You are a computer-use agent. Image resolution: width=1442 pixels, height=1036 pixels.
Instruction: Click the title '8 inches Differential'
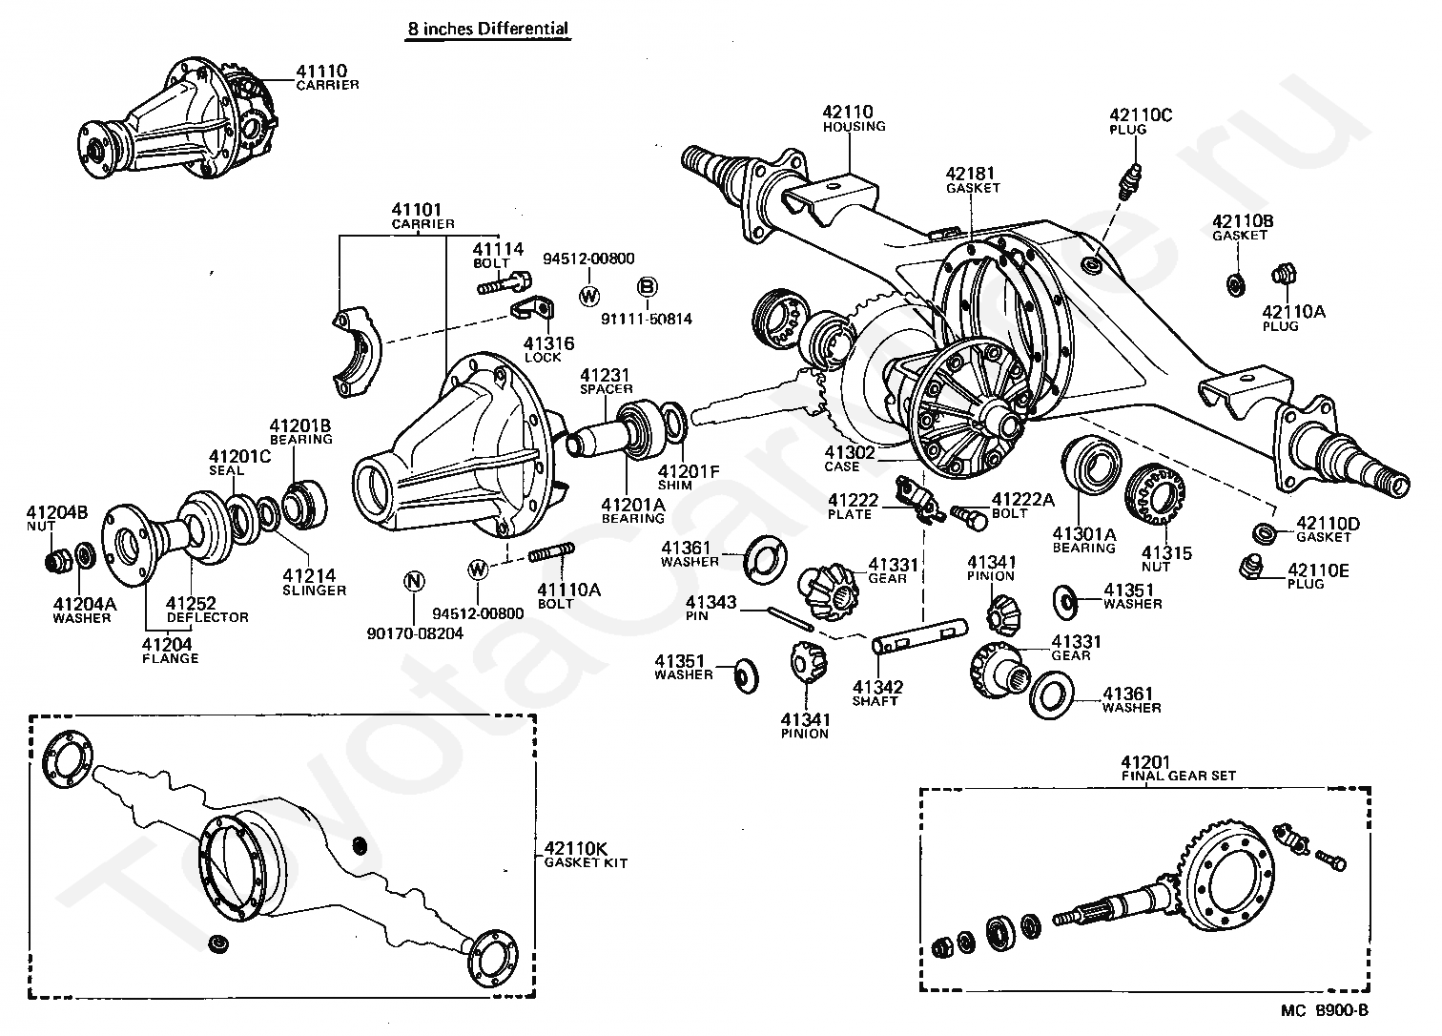487,29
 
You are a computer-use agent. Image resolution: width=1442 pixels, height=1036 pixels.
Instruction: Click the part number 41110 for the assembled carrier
320,71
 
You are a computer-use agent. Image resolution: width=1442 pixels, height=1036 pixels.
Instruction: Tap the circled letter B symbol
647,286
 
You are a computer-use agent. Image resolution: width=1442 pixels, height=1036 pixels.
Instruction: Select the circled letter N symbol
414,582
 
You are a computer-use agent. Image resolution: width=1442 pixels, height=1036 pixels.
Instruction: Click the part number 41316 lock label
549,343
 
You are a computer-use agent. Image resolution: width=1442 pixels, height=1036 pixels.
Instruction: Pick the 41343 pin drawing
792,620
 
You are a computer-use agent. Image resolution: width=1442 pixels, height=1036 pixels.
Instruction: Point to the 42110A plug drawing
1283,276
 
